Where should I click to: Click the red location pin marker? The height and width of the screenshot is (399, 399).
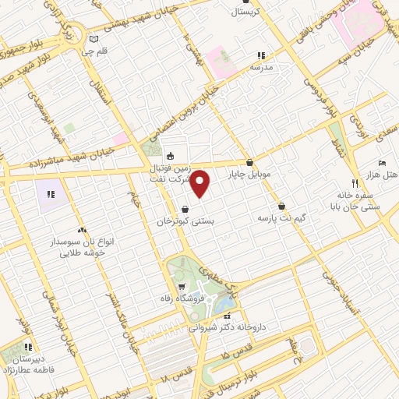pos(200,185)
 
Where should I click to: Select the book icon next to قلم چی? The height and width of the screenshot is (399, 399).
pos(94,39)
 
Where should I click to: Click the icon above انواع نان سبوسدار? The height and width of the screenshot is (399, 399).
pos(82,230)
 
